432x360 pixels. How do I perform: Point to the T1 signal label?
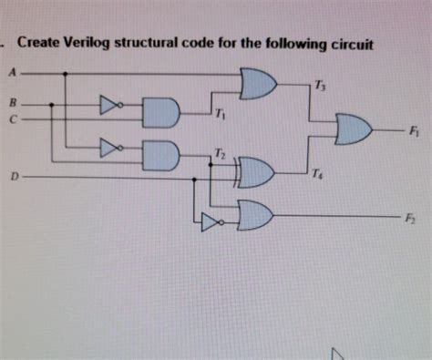(220, 114)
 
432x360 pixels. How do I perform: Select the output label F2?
(411, 221)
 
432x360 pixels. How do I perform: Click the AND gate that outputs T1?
(161, 111)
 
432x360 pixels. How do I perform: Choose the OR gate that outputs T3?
(258, 84)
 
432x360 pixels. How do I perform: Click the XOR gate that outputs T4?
(256, 170)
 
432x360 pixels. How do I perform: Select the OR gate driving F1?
(353, 129)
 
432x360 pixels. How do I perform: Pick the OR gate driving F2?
(255, 215)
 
